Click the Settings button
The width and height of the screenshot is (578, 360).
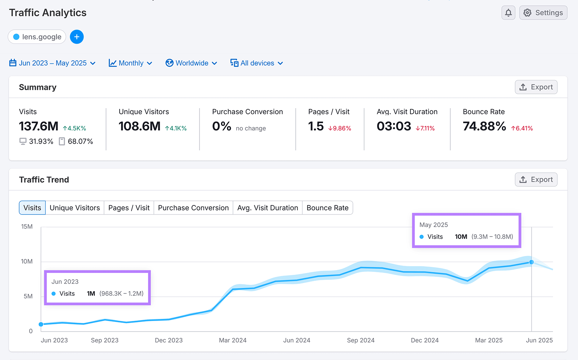click(543, 13)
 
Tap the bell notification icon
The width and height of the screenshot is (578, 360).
click(508, 13)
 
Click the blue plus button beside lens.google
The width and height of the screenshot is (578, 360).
click(77, 37)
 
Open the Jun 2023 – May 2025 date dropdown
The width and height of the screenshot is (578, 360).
click(52, 63)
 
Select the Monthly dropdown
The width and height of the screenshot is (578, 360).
click(130, 63)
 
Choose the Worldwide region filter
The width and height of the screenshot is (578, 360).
click(191, 63)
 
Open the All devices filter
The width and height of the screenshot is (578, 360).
click(257, 63)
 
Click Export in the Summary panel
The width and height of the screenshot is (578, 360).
click(536, 87)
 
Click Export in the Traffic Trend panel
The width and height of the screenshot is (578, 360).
click(536, 179)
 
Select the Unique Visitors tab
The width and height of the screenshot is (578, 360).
click(75, 208)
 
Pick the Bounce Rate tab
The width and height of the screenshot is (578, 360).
click(327, 208)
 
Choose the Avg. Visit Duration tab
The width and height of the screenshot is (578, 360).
click(267, 208)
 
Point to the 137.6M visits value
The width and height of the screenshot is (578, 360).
click(39, 126)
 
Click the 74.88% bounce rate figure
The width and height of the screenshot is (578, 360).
click(484, 126)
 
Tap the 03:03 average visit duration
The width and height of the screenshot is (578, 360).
click(394, 126)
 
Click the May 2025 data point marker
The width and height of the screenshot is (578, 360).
click(531, 262)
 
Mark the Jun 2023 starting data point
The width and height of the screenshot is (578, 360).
click(41, 324)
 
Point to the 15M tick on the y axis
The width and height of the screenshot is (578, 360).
click(27, 227)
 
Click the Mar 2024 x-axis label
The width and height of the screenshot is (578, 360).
click(233, 340)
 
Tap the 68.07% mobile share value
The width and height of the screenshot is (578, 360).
click(80, 142)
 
